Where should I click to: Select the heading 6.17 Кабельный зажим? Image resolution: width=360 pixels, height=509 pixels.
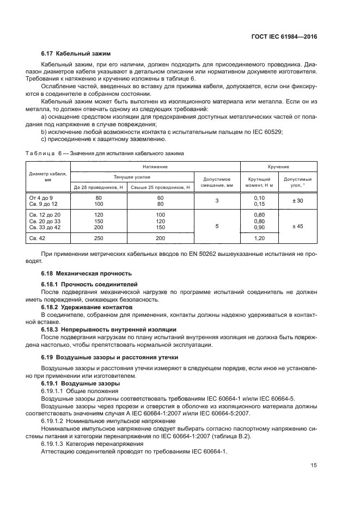pyautogui.click(x=76, y=53)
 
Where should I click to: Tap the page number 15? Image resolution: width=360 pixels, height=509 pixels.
pyautogui.click(x=314, y=465)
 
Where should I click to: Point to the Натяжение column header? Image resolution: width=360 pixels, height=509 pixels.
pyautogui.click(x=155, y=167)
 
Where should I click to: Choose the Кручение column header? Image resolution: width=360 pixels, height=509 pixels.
pyautogui.click(x=278, y=167)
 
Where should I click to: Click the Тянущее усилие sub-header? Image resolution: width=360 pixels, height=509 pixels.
pyautogui.click(x=132, y=177)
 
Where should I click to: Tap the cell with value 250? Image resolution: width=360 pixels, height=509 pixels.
pyautogui.click(x=99, y=238)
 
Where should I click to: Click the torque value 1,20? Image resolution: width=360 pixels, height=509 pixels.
pyautogui.click(x=259, y=238)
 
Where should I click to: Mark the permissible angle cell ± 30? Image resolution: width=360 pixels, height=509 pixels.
pyautogui.click(x=297, y=201)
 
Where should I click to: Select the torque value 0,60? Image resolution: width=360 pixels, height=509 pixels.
pyautogui.click(x=259, y=216)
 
